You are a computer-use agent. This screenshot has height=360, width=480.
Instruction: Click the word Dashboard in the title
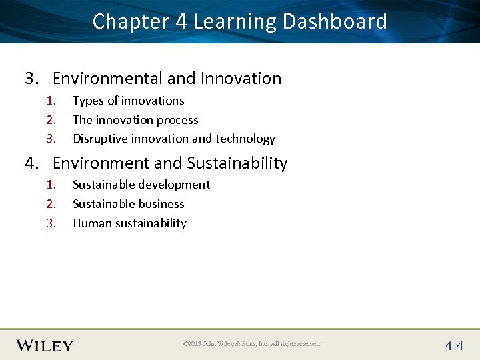tap(335, 21)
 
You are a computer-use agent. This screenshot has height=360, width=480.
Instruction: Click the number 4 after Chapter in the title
tap(181, 21)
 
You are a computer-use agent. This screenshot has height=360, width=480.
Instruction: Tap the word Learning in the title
tap(234, 21)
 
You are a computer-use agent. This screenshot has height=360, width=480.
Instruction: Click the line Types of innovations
tap(128, 101)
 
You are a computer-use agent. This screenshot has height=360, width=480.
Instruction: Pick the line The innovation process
tap(135, 120)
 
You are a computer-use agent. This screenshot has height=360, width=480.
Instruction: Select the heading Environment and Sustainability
tap(169, 163)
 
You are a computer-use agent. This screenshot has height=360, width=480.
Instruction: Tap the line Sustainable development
tap(141, 185)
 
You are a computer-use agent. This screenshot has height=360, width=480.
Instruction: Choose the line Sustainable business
tap(128, 204)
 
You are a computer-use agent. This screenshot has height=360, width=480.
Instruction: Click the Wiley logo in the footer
tap(45, 345)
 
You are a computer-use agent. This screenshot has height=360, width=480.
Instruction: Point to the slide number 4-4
tap(454, 345)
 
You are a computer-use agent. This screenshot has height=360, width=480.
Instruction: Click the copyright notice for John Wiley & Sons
tap(251, 344)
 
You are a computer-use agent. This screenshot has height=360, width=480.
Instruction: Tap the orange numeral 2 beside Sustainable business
tap(51, 204)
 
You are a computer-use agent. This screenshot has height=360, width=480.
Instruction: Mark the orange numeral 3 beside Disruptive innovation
tap(51, 139)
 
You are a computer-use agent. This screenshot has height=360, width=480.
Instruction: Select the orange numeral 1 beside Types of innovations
tap(51, 101)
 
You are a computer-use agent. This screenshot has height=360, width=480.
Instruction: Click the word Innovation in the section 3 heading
tap(241, 79)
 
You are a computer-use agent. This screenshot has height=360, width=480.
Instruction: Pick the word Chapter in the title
tap(131, 21)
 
